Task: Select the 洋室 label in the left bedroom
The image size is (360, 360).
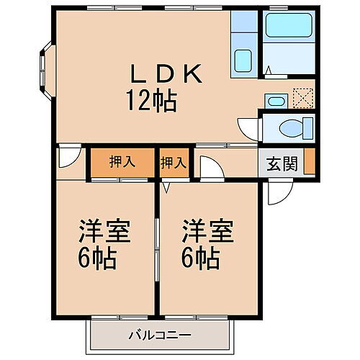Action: (x=104, y=234)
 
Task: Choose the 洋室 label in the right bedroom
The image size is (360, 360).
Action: (x=207, y=234)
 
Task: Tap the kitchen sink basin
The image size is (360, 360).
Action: (x=243, y=61)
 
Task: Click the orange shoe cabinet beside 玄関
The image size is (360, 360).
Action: (x=309, y=163)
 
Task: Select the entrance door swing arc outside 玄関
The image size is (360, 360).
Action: (x=278, y=191)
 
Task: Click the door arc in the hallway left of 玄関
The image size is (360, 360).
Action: (x=210, y=168)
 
